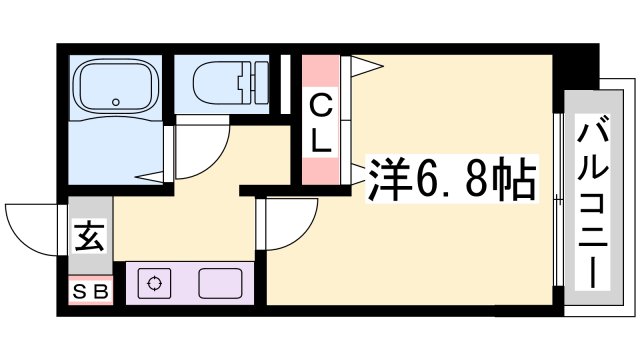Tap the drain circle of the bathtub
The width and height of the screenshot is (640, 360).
point(116,101)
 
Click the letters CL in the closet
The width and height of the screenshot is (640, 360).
point(320,122)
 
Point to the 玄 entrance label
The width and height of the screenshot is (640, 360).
point(88,239)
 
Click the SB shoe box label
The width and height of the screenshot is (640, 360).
point(91,292)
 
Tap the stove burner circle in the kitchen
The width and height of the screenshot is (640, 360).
point(155,283)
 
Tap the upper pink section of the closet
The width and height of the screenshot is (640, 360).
point(320,71)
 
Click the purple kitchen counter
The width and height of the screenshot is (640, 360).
point(190,284)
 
